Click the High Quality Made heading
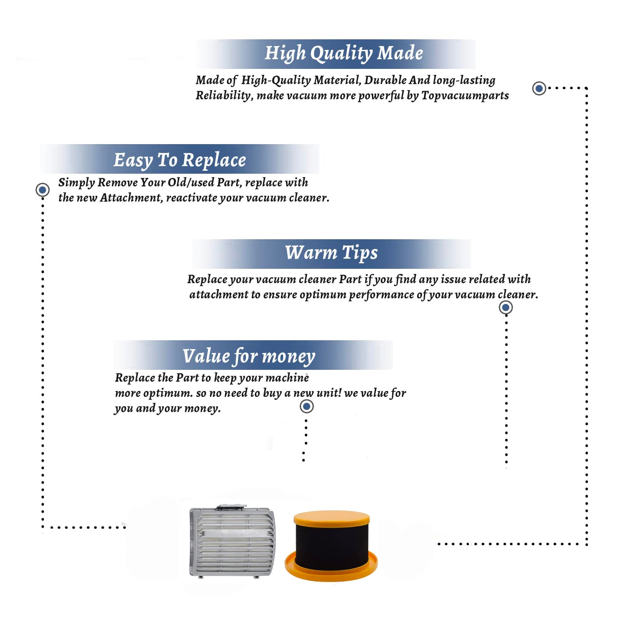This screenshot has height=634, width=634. click(x=344, y=54)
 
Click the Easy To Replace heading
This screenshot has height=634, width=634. click(x=180, y=160)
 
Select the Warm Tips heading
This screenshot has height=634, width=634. click(x=331, y=253)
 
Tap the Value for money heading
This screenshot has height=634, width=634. click(x=249, y=356)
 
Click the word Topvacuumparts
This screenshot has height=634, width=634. click(x=465, y=96)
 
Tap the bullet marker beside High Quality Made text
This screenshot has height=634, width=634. click(x=539, y=88)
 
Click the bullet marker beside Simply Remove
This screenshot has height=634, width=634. click(x=42, y=190)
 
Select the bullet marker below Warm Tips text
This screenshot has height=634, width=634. click(x=506, y=307)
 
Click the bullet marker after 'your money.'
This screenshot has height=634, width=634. click(x=306, y=407)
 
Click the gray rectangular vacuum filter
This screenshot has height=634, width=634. click(x=232, y=541)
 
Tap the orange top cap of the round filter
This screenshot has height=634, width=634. click(x=332, y=519)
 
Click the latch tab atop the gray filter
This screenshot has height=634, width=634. click(x=232, y=507)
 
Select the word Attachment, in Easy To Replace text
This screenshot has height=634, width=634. click(x=131, y=198)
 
